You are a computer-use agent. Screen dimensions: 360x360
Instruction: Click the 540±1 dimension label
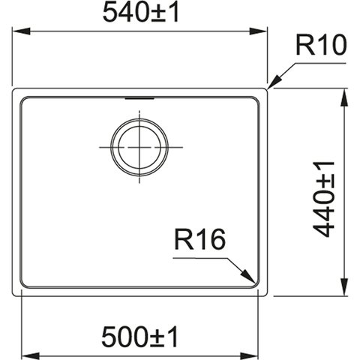[x=141, y=13]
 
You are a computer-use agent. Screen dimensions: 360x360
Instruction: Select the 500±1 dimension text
[x=139, y=337]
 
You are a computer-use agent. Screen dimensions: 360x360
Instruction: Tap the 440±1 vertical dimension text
[x=324, y=199]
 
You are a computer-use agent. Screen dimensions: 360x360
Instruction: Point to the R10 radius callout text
[x=321, y=45]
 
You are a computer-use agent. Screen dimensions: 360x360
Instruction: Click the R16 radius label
[x=199, y=240]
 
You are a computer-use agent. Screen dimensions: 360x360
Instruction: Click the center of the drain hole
[x=139, y=147]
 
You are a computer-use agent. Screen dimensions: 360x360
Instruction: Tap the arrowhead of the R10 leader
[x=274, y=82]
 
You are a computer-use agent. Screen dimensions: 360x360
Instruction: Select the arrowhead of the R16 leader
[x=248, y=276]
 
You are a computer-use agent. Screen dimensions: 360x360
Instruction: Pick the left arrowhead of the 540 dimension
[x=21, y=31]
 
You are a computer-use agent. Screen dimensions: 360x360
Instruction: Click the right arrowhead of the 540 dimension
[x=259, y=31]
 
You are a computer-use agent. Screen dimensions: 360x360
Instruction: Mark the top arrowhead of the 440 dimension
[x=345, y=97]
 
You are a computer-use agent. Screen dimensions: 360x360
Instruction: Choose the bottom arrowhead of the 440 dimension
[x=345, y=286]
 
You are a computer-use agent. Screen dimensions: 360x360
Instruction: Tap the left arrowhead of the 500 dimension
[x=31, y=356]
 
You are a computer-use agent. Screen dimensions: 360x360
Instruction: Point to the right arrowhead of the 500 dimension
[x=249, y=356]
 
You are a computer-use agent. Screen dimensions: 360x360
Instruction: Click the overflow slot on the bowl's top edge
[x=139, y=98]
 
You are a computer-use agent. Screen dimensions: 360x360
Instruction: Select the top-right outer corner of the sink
[x=266, y=89]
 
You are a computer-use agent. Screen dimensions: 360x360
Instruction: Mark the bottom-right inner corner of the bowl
[x=256, y=284]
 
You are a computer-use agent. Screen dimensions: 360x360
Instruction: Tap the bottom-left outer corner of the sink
[x=13, y=295]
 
